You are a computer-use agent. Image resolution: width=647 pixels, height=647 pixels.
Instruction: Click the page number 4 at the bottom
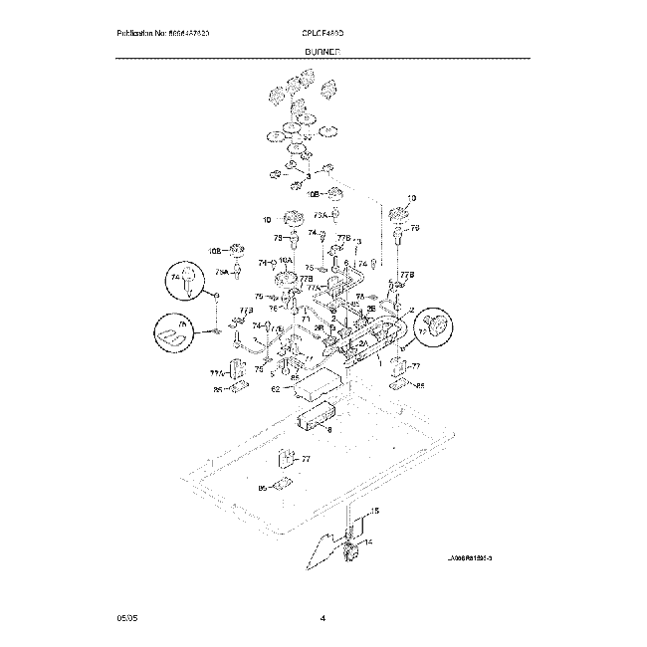[x=323, y=619]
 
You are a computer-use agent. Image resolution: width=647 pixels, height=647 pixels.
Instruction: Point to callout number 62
[x=276, y=389]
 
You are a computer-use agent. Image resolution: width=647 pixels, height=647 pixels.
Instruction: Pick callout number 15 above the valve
[x=374, y=511]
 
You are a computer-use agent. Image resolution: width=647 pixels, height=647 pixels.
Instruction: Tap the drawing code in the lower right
[x=470, y=559]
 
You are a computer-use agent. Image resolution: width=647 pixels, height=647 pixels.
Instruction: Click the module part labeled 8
[x=319, y=420]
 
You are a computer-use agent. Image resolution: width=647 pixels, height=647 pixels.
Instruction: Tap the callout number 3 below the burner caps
[x=295, y=175]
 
